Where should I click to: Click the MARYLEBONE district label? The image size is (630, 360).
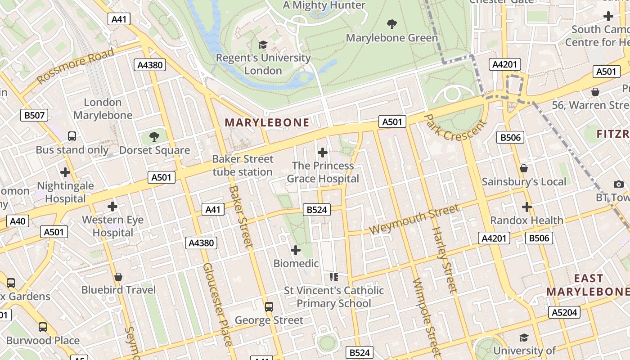click(267, 122)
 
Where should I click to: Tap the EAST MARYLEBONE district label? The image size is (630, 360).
click(588, 285)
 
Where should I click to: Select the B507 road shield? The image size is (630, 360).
click(35, 116)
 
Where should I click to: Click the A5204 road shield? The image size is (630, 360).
click(564, 312)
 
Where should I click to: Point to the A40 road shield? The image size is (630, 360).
click(18, 221)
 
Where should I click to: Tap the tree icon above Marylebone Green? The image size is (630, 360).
click(392, 24)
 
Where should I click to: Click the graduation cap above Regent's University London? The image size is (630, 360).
click(263, 45)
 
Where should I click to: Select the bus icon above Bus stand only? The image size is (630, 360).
click(72, 136)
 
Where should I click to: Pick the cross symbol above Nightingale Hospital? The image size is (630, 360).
click(65, 172)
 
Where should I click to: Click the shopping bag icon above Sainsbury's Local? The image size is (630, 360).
click(524, 168)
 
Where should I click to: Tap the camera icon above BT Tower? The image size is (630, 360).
click(618, 184)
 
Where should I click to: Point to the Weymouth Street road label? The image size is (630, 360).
click(414, 219)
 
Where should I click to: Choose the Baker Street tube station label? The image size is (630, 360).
click(243, 165)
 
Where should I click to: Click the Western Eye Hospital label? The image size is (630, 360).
click(112, 226)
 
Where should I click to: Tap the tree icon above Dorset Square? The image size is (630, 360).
click(154, 136)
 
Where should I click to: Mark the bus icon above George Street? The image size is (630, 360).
click(269, 307)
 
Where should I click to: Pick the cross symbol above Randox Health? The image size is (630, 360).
click(526, 207)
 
